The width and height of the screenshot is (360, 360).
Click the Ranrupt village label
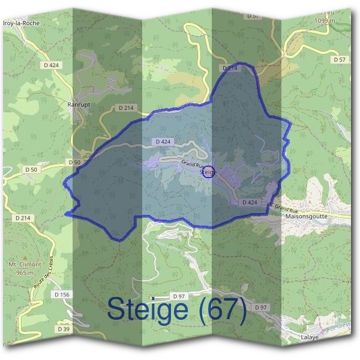point(79,104)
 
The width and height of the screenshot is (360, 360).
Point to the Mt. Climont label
point(25,265)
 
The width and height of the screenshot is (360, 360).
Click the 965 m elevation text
point(25,272)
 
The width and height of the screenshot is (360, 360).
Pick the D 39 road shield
point(63,329)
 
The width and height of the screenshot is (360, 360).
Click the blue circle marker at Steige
point(208,172)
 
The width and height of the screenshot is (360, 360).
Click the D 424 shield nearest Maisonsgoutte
point(250,203)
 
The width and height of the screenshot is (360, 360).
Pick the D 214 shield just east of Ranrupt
point(126,107)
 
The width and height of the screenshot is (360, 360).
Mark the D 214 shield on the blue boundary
point(231,69)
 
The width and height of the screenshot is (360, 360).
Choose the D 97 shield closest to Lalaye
point(260,307)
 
